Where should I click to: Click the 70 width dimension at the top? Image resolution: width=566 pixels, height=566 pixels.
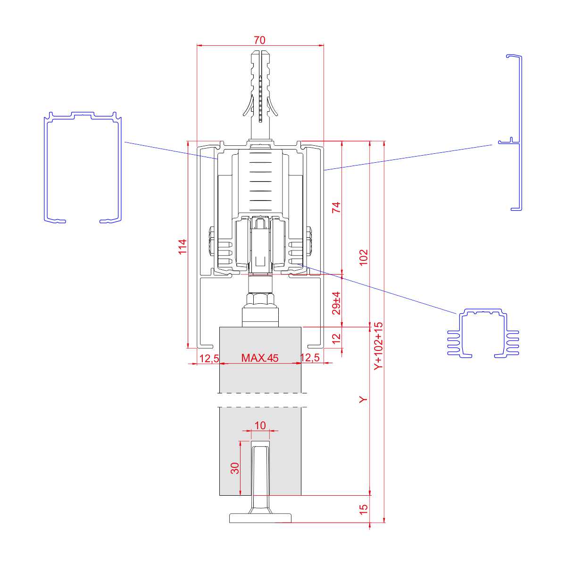tap(259, 40)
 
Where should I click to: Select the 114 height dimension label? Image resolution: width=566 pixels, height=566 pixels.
tap(183, 247)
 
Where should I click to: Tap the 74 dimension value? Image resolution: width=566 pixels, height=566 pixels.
tap(336, 208)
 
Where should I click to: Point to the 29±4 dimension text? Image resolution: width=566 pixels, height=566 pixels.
tap(336, 303)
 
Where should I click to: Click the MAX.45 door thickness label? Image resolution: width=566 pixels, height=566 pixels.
tap(259, 358)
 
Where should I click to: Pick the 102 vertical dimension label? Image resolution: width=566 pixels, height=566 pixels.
tap(363, 258)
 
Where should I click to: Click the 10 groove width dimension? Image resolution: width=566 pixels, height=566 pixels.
tap(260, 425)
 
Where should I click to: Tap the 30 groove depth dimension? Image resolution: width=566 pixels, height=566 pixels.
tap(235, 468)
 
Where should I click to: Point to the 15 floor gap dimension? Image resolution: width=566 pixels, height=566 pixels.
tap(363, 509)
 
